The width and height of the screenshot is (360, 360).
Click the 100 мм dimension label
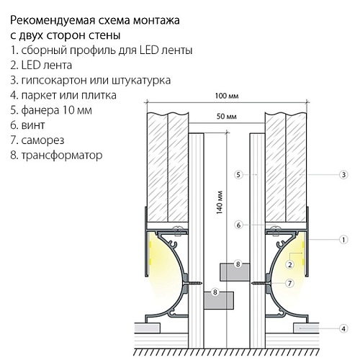227,96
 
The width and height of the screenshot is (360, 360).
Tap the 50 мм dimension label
227,117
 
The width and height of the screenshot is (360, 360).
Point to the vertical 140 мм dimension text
220,202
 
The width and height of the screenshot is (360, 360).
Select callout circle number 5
238,174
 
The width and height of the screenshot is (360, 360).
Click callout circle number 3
343,174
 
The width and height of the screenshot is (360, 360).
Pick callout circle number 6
238,225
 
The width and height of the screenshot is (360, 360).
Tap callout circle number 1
343,240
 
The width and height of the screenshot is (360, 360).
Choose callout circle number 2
290,264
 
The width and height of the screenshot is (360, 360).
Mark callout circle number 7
290,283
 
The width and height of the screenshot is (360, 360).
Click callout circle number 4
343,328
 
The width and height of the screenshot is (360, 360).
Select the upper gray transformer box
235,272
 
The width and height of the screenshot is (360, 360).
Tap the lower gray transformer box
219,300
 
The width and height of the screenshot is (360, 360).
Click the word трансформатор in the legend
62,156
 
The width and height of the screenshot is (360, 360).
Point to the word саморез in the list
42,140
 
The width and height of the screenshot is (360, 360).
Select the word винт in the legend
33,125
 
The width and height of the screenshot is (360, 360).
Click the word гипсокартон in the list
54,81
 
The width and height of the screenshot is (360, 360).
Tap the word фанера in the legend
40,110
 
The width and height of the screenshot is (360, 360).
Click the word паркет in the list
39,96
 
